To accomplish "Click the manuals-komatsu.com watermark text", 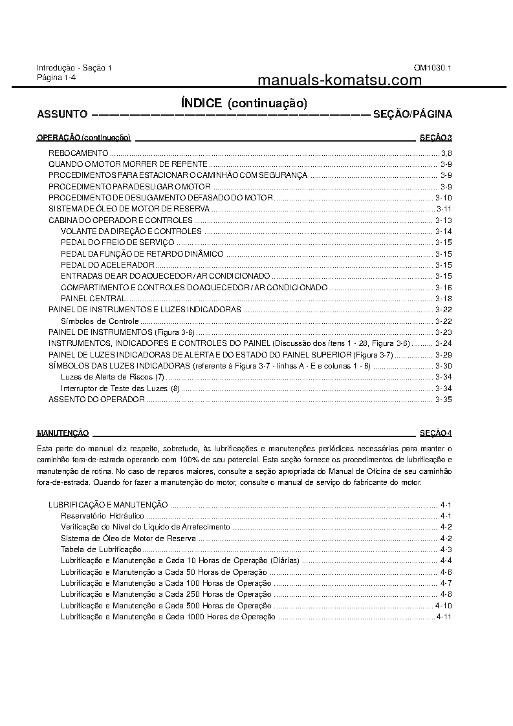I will pyautogui.click(x=339, y=80).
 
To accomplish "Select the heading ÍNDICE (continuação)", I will pyautogui.click(x=244, y=103).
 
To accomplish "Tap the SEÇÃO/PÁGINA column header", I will pyautogui.click(x=412, y=114).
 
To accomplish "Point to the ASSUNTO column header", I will pyautogui.click(x=63, y=114).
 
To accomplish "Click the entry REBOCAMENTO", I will pyautogui.click(x=78, y=153).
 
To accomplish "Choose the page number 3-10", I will pyautogui.click(x=443, y=198).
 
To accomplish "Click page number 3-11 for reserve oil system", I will pyautogui.click(x=444, y=209).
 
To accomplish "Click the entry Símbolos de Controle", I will pyautogui.click(x=100, y=321).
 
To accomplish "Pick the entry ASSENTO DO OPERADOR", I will pyautogui.click(x=96, y=400).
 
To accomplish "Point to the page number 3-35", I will pyautogui.click(x=443, y=400).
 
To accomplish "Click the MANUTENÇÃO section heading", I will pyautogui.click(x=63, y=432).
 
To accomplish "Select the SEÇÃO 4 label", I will pyautogui.click(x=435, y=432).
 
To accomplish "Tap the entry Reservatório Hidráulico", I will pyautogui.click(x=102, y=516).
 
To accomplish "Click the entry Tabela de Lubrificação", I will pyautogui.click(x=101, y=550).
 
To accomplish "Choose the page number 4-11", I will pyautogui.click(x=443, y=617).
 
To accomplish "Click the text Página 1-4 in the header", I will pyautogui.click(x=56, y=77).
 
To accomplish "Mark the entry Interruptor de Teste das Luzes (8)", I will pyautogui.click(x=120, y=389).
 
